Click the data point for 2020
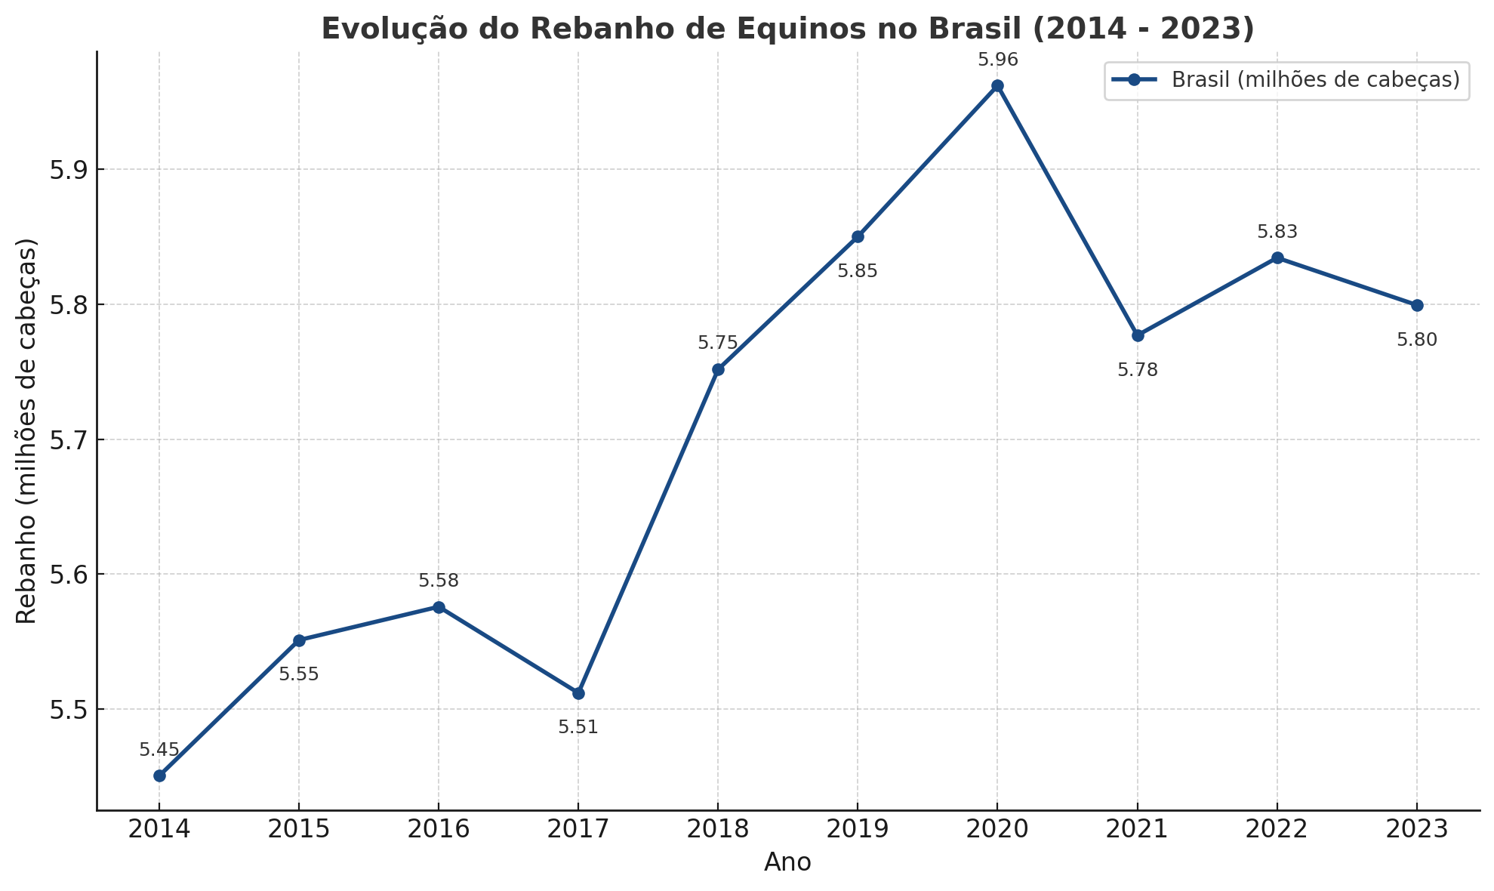[997, 86]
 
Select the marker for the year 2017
[578, 693]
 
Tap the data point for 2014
[159, 775]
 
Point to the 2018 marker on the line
[718, 369]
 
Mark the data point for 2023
[1417, 305]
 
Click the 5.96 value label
[997, 60]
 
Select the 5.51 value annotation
[578, 727]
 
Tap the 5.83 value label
[1277, 233]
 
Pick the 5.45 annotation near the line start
[159, 750]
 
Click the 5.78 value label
[1138, 370]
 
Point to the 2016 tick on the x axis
[439, 829]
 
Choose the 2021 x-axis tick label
[1138, 829]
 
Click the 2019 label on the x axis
[858, 829]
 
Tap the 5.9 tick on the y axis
[67, 170]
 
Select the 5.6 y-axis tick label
[67, 575]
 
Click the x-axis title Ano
[787, 862]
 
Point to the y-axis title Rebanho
[27, 431]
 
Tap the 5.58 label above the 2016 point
[439, 581]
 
